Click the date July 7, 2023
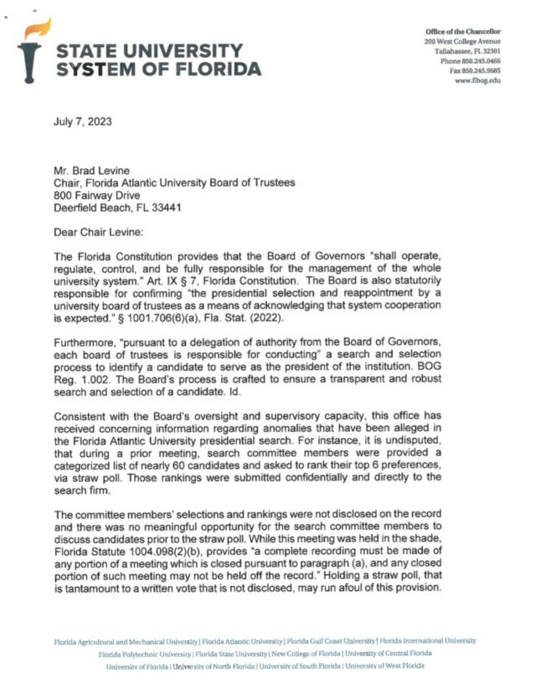[83, 121]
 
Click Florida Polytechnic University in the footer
[145, 653]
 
